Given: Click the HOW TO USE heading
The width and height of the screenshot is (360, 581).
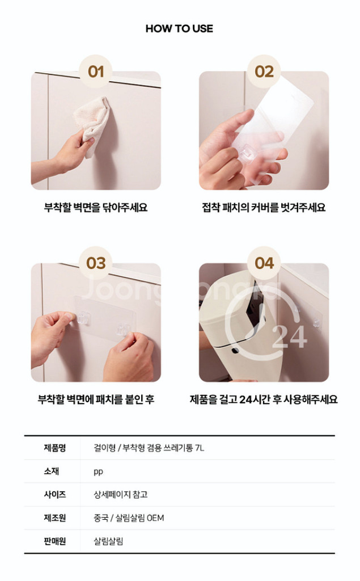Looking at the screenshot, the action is pos(179,28).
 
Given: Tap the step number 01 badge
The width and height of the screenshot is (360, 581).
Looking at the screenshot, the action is pos(96,71).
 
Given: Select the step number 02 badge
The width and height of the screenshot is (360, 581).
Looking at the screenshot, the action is pos(264,71).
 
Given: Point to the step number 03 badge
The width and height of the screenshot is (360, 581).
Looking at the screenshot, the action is pos(96,263).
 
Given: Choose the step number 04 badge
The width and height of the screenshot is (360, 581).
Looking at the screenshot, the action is pos(264,263).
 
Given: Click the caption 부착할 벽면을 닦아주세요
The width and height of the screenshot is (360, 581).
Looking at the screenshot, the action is pos(96,207).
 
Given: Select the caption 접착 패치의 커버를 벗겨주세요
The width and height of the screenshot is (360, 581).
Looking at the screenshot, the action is pos(264,207).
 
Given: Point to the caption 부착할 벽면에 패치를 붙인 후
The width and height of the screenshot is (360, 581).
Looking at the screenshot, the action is pos(96,399).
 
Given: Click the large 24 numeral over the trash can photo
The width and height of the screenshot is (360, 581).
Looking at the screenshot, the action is pos(289,337).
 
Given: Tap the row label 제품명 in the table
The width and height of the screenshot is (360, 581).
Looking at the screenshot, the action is pos(55,448).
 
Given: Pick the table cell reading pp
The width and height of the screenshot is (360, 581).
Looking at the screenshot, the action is pos(98,471).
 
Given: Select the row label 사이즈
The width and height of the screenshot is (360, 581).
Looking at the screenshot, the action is pos(55,494).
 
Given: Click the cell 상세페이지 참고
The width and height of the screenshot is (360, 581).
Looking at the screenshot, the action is pos(120,494).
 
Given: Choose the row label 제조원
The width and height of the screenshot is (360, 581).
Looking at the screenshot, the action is pos(55,517).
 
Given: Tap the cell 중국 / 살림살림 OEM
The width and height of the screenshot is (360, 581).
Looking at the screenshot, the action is pos(129,517).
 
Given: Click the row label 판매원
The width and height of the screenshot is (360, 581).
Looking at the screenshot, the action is pos(55,541).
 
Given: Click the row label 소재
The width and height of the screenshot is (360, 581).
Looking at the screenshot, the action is pos(52,471).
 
